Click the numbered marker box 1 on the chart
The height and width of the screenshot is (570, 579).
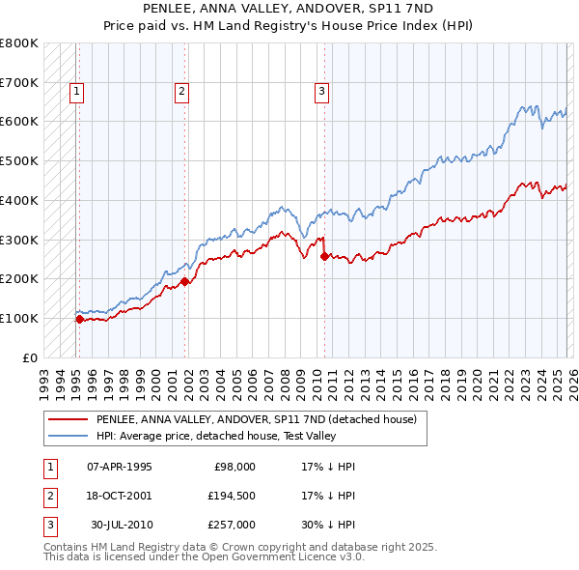tap(76, 92)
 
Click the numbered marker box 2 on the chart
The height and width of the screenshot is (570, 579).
tap(181, 92)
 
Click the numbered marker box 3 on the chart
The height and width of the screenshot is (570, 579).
tap(321, 92)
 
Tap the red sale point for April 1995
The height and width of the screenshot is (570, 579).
tap(79, 318)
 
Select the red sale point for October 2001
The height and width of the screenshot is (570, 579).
tap(184, 281)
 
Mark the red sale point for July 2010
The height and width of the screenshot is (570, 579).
tap(324, 256)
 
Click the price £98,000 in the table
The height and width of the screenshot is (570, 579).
tap(234, 467)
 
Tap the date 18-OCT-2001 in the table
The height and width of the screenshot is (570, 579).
tap(120, 496)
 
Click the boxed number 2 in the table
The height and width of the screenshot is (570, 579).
tap(48, 496)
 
